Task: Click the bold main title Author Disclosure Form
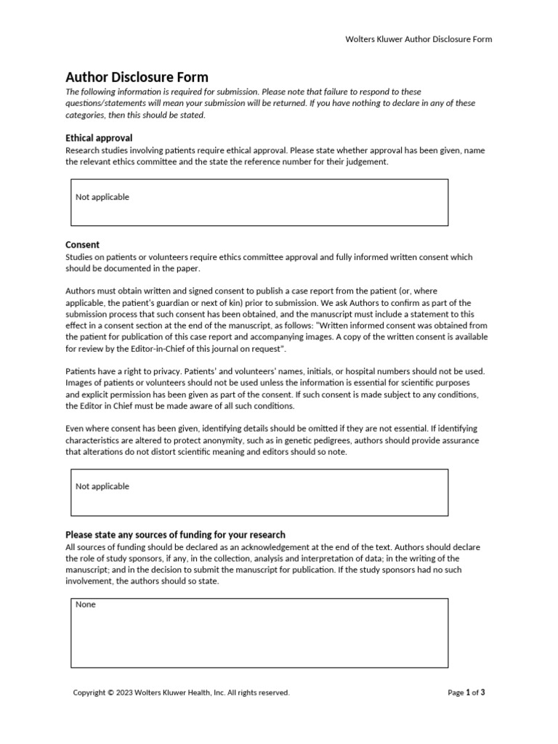point(137,77)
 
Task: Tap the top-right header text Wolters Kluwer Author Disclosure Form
point(418,39)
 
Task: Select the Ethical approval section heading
point(99,137)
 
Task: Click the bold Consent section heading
point(83,245)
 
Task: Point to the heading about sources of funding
point(175,535)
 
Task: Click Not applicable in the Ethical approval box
point(102,197)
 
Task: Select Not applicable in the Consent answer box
point(102,486)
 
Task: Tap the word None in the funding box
point(86,604)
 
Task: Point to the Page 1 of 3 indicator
point(466,692)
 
